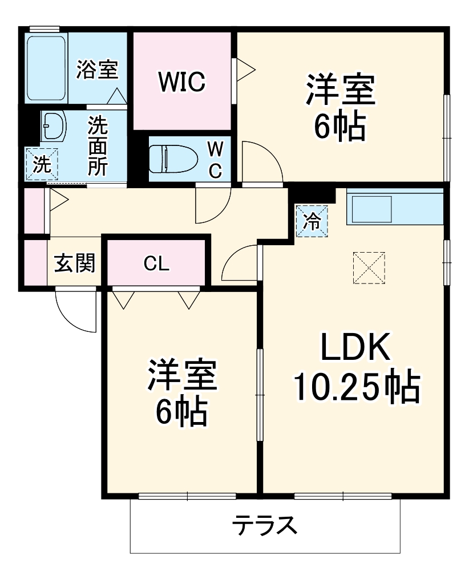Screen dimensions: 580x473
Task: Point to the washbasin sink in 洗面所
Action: click(54, 126)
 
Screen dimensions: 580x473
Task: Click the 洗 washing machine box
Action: click(41, 164)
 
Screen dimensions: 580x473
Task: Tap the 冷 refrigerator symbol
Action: click(312, 220)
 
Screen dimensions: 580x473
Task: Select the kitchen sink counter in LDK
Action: click(394, 206)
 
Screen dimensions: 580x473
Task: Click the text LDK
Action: click(355, 347)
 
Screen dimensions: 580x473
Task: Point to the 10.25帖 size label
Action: click(356, 387)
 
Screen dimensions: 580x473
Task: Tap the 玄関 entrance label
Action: click(74, 263)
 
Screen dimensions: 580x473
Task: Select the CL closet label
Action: click(156, 263)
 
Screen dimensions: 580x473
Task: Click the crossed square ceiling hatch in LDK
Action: click(369, 267)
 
